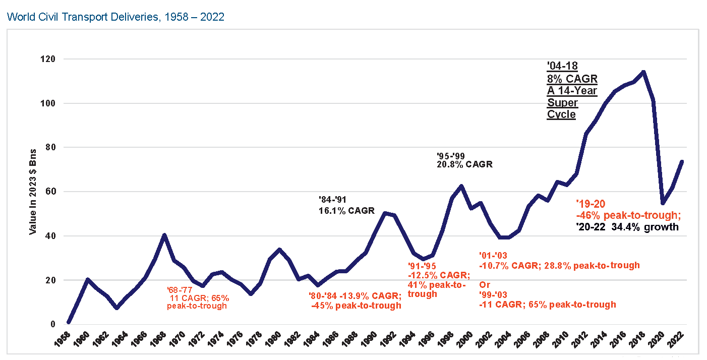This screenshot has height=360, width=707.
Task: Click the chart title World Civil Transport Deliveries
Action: pyautogui.click(x=115, y=17)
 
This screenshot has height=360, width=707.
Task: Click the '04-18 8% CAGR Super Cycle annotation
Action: pyautogui.click(x=572, y=91)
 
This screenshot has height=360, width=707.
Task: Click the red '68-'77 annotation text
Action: pyautogui.click(x=197, y=297)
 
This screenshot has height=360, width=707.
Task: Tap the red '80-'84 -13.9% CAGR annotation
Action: pyautogui.click(x=355, y=300)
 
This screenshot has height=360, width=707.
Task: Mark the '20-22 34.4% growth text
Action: pyautogui.click(x=627, y=227)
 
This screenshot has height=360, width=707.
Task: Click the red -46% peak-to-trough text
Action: pyautogui.click(x=628, y=215)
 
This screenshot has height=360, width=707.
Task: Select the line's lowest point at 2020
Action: pyautogui.click(x=662, y=203)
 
